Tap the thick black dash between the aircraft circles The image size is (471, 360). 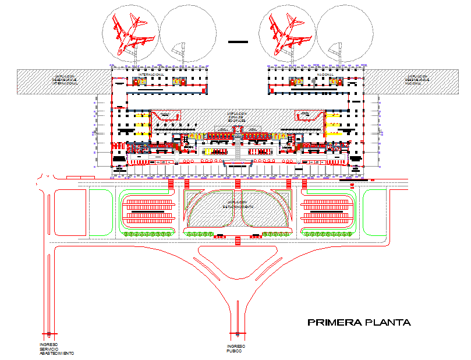pos(238,41)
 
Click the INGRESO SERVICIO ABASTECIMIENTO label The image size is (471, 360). pos(56,349)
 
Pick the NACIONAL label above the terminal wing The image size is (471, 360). pos(325,75)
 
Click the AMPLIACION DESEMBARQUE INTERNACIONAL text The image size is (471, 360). pos(65,80)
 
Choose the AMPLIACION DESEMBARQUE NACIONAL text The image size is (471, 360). pos(417,80)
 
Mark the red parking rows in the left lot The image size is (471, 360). pos(151,210)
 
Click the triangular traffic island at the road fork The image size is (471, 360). pos(235,255)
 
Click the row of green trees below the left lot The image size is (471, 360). pos(149,234)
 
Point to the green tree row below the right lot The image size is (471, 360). pos(328,234)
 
